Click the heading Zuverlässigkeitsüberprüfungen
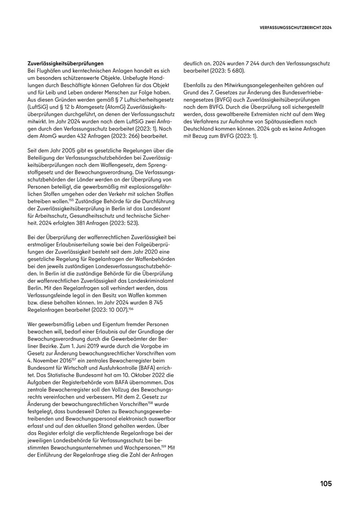tap(66, 63)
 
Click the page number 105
tap(326, 484)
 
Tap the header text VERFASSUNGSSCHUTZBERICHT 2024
tap(296, 28)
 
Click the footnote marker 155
tap(71, 200)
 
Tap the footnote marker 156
tap(131, 309)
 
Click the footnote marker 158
tap(150, 403)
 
